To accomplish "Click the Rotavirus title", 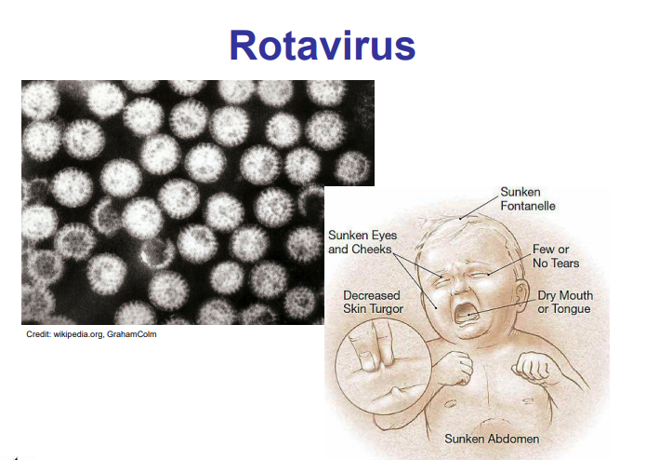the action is (x=323, y=46).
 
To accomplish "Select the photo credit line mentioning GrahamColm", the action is (x=91, y=334).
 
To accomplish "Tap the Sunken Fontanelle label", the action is (x=528, y=199).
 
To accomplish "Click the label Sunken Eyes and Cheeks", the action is (x=363, y=242).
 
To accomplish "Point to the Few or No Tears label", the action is (x=556, y=256).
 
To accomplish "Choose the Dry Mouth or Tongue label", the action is (x=565, y=302).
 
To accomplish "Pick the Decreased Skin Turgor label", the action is (x=373, y=302).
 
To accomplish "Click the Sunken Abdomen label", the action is (x=492, y=439).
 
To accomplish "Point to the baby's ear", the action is (x=521, y=293).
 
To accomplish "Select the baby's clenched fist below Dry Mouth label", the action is (x=533, y=366).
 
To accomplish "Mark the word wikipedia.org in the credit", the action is (x=78, y=334).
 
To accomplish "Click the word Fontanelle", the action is (x=528, y=206).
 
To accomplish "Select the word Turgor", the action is (x=385, y=309).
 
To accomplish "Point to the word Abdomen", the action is (x=514, y=439).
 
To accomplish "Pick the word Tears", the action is (x=565, y=263).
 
